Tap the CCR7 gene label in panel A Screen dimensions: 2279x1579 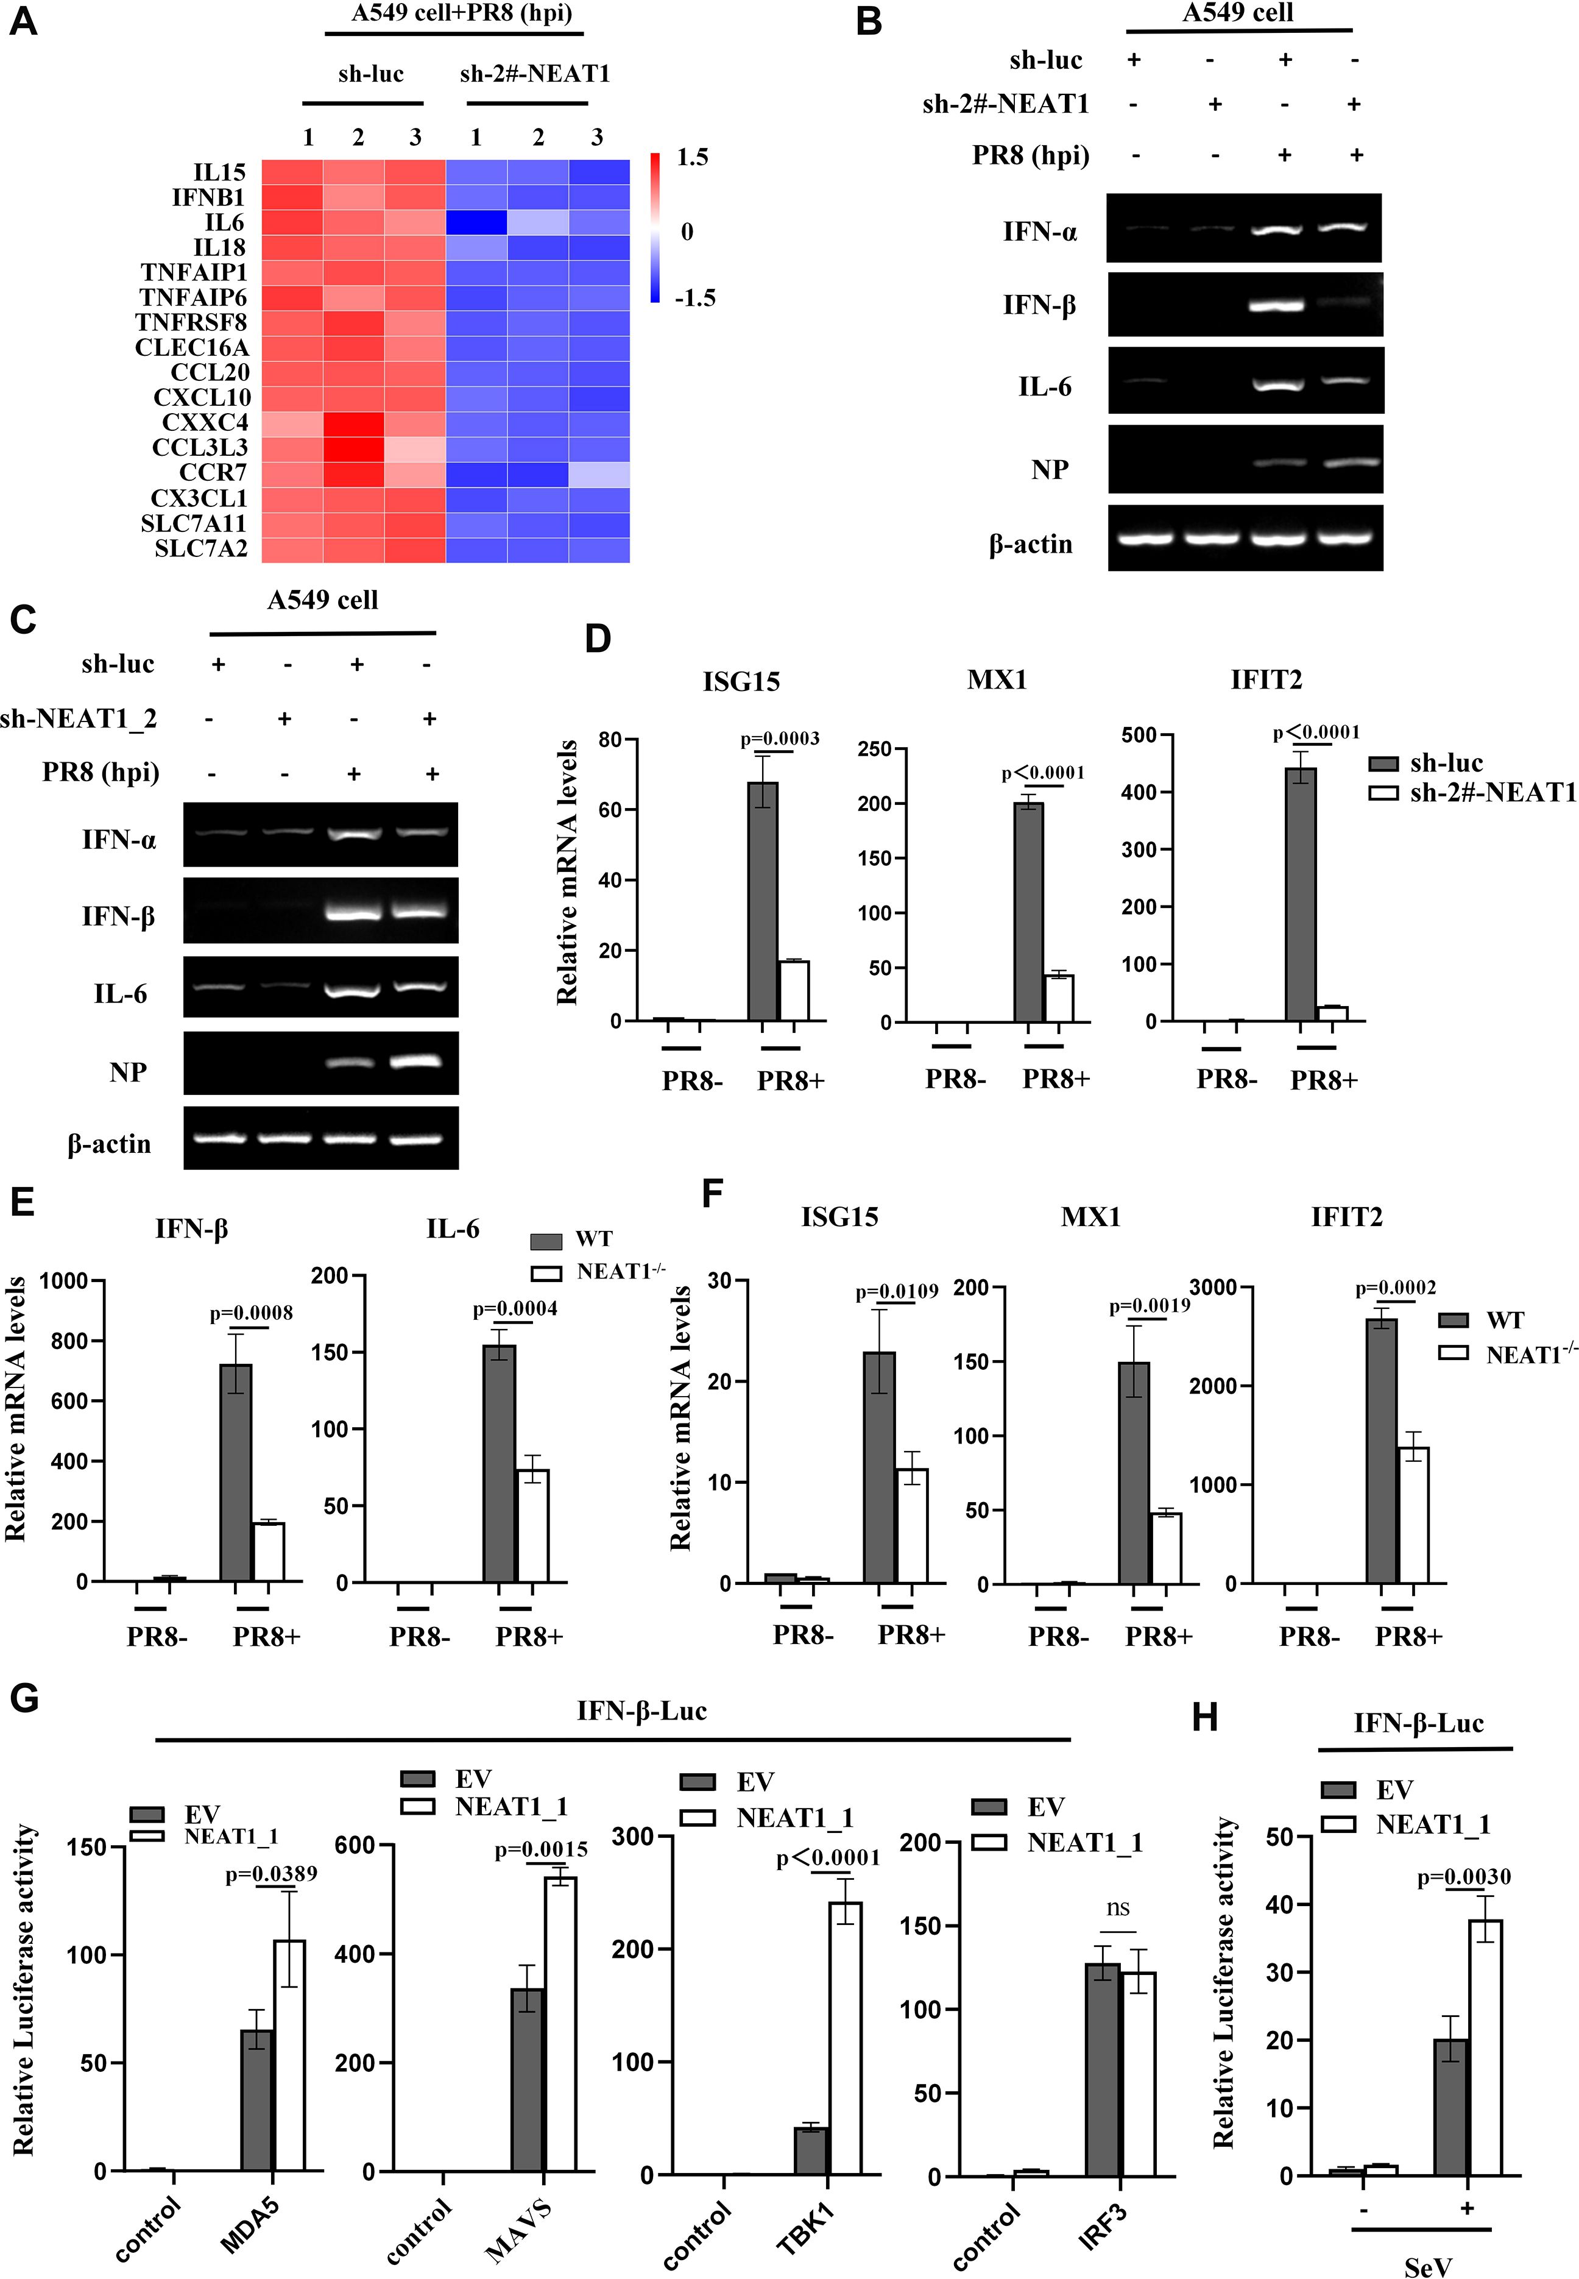[213, 473]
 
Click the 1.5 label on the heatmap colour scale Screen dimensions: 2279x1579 [691, 157]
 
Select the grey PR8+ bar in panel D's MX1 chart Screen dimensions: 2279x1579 [1029, 912]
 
